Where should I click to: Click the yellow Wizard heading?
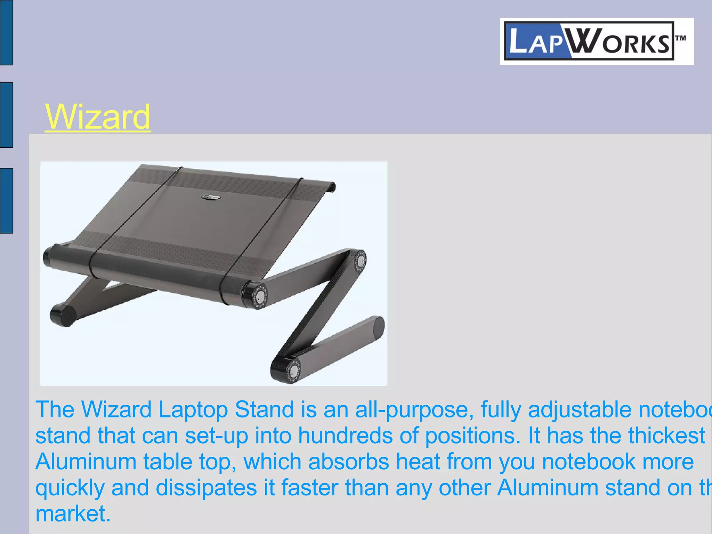[x=98, y=117]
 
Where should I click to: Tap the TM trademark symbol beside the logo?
[x=680, y=38]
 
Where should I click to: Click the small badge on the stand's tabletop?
[x=211, y=197]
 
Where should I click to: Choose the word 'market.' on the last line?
[x=73, y=514]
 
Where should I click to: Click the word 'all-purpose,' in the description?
[x=415, y=409]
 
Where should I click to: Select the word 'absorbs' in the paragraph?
[x=348, y=462]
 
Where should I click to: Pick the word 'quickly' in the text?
[x=70, y=488]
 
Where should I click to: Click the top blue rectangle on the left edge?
[x=6, y=32]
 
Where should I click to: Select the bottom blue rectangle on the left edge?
[x=6, y=200]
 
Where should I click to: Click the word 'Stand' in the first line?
[x=264, y=409]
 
